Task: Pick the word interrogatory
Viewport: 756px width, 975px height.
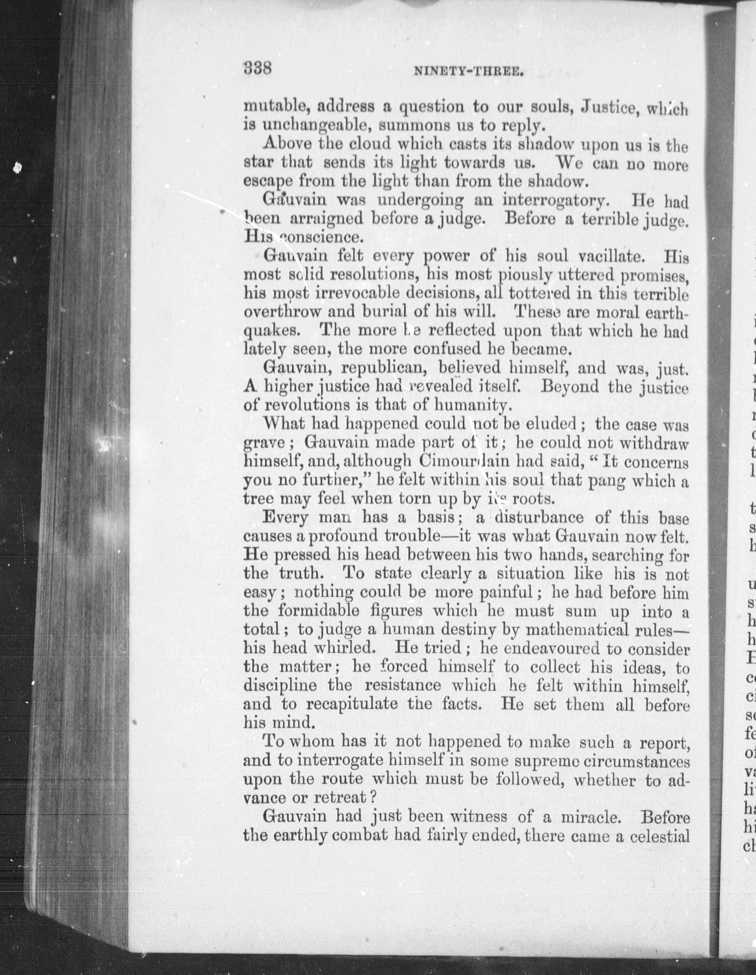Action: [554, 201]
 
